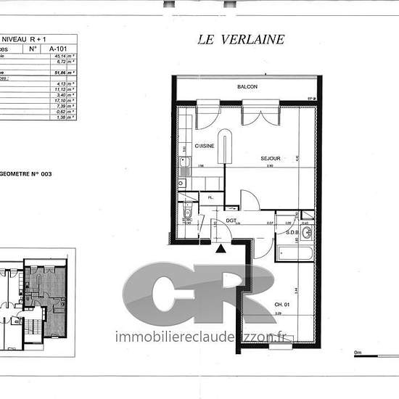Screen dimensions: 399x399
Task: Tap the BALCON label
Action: (x=247, y=87)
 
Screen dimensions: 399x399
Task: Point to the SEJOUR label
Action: (x=270, y=157)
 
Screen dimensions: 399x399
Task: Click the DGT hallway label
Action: (x=231, y=221)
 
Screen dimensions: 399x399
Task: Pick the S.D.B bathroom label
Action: (x=293, y=232)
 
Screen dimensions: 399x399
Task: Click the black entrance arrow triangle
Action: (x=220, y=249)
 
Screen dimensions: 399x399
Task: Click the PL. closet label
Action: (x=210, y=197)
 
